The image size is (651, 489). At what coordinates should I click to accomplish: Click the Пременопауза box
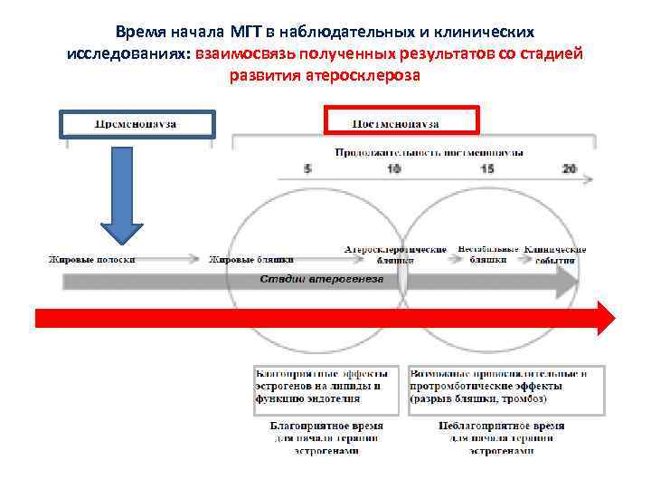point(137,123)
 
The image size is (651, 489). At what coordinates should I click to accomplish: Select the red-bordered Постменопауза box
point(400,120)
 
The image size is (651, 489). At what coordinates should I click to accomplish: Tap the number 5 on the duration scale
point(307,169)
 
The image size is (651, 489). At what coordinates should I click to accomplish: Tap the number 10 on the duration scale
point(394,169)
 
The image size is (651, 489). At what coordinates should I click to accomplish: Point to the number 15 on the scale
point(487,169)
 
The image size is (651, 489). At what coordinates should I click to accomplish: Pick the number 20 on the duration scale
point(569,169)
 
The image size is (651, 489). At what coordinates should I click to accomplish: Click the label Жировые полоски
point(92,260)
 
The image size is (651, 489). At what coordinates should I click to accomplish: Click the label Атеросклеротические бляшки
point(396,254)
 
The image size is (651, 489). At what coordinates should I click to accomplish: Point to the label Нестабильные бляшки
point(488,254)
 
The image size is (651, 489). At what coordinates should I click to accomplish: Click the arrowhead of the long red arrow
point(604,319)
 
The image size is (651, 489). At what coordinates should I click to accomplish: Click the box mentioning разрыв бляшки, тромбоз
point(505,386)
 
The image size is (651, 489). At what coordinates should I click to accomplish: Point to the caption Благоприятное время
point(326,425)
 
